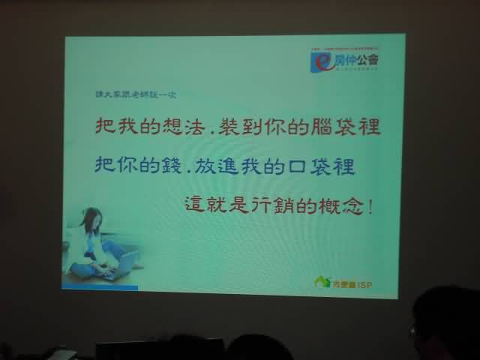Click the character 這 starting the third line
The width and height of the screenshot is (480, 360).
click(196, 203)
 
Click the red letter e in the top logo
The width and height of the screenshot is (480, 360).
click(319, 61)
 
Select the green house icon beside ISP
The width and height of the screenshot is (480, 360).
click(322, 282)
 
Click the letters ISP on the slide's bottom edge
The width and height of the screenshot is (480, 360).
click(364, 283)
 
